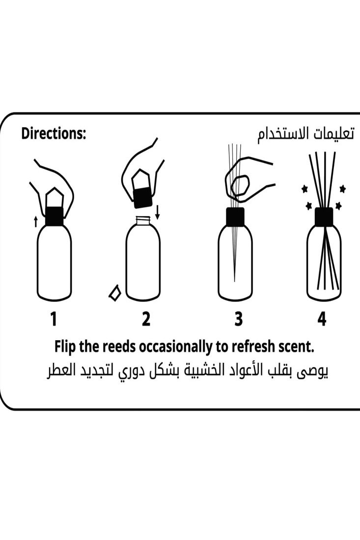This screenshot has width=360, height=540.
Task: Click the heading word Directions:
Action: click(x=54, y=134)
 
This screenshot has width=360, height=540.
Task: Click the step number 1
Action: click(x=54, y=319)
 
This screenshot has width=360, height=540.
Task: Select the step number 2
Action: click(x=146, y=319)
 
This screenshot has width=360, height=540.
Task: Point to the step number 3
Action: click(x=238, y=319)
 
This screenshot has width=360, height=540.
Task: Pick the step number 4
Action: click(x=322, y=319)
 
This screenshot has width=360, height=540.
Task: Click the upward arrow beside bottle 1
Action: click(x=35, y=222)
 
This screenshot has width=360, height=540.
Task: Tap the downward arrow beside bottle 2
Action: click(x=157, y=213)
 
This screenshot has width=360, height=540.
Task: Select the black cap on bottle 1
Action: click(x=54, y=216)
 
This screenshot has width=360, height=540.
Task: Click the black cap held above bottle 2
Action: click(x=143, y=195)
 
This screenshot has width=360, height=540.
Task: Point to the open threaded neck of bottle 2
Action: click(x=143, y=221)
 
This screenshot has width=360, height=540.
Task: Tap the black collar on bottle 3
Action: click(x=235, y=216)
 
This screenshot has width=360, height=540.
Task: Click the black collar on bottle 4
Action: click(x=324, y=216)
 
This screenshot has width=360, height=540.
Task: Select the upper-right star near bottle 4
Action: click(x=342, y=189)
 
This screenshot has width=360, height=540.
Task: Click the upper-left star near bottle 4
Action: click(x=305, y=189)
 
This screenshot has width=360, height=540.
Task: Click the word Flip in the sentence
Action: click(x=65, y=347)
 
